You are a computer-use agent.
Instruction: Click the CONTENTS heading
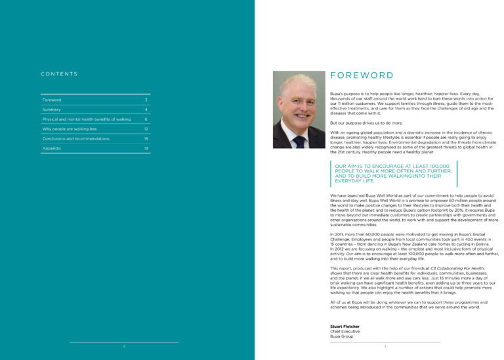[x=59, y=74]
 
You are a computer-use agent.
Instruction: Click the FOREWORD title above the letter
[x=362, y=75]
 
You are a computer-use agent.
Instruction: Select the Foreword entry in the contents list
[x=52, y=100]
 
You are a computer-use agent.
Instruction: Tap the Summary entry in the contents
[x=52, y=110]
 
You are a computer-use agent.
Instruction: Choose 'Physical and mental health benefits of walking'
[x=87, y=119]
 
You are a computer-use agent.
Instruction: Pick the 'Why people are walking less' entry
[x=69, y=129]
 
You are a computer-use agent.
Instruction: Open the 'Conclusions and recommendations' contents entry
[x=77, y=139]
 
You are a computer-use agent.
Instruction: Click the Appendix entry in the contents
[x=52, y=149]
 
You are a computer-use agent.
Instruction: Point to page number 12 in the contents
[x=146, y=129]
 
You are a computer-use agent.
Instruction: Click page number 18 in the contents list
[x=146, y=139]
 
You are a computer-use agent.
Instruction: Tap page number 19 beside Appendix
[x=146, y=149]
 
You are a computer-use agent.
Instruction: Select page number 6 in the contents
[x=146, y=119]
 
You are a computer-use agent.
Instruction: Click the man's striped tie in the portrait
[x=299, y=140]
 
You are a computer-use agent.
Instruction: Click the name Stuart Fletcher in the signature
[x=345, y=326]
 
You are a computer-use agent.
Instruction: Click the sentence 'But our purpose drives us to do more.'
[x=369, y=123]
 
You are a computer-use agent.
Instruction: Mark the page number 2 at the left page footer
[x=123, y=346]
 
